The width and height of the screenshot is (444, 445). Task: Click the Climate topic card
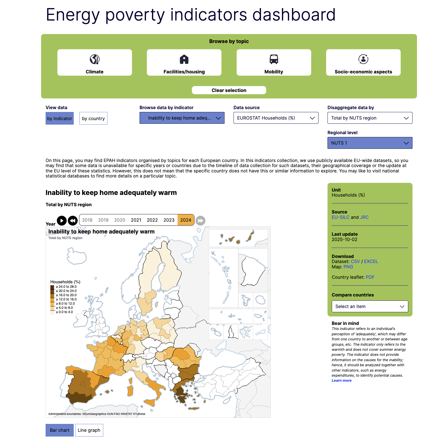tap(95, 62)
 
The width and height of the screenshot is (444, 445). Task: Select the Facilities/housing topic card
tap(184, 62)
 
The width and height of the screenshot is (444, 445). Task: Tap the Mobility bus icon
tap(273, 59)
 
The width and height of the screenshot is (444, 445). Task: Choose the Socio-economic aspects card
tap(363, 62)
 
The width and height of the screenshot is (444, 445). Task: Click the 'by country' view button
tap(93, 118)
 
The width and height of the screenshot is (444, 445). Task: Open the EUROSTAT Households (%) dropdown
tap(276, 118)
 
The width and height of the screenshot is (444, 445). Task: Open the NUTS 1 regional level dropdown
tap(370, 143)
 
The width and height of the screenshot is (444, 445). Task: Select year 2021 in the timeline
tap(136, 220)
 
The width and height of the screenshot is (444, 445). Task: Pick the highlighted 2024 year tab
tap(186, 220)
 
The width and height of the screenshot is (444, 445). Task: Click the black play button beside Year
tap(62, 221)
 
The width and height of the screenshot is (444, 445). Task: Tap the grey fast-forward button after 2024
tap(200, 221)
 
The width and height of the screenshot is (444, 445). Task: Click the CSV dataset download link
tap(355, 262)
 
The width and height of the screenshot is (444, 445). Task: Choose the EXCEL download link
tap(371, 262)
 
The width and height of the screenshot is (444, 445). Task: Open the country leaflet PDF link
tap(370, 277)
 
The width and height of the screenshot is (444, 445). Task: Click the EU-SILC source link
tap(340, 217)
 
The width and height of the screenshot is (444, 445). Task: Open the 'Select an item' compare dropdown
tap(370, 307)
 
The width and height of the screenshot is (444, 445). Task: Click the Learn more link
tap(341, 381)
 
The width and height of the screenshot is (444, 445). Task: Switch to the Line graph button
tap(89, 430)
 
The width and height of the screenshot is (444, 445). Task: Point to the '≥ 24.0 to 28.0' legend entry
tap(66, 287)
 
